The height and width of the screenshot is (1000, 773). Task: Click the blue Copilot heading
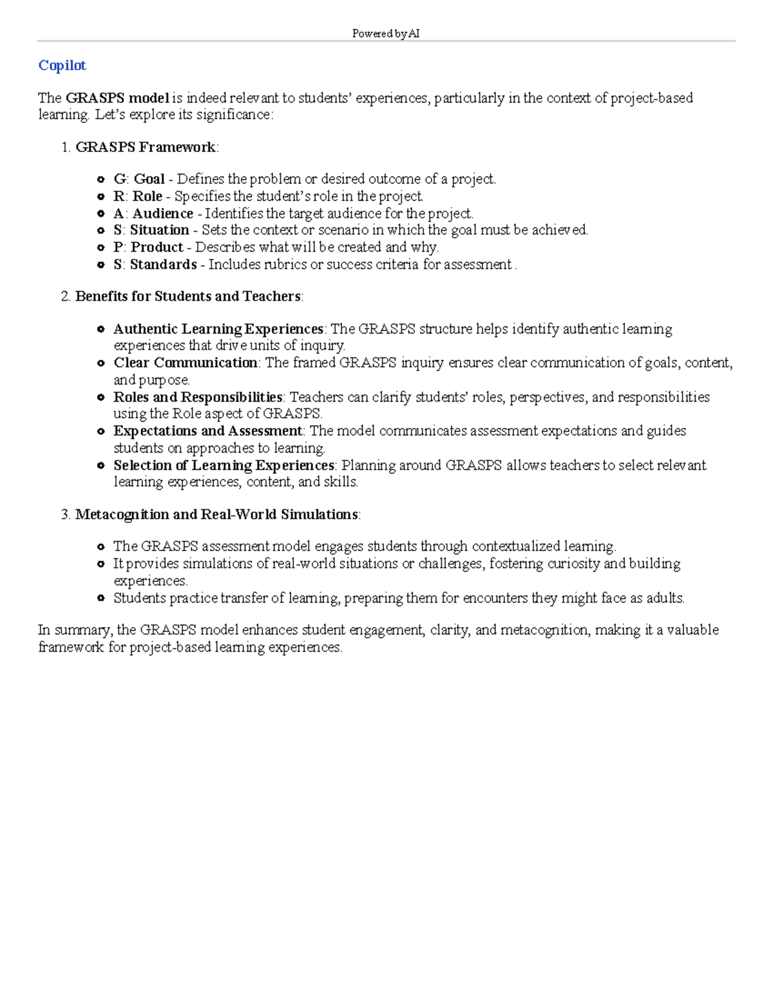62,66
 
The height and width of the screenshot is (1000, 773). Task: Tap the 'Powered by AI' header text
386,33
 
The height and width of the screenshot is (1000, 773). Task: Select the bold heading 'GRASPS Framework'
146,147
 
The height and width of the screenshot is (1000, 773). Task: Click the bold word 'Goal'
149,179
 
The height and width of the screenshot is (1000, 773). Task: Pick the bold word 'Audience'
162,213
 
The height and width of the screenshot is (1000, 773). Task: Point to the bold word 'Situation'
159,230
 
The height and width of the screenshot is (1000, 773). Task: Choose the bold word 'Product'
157,247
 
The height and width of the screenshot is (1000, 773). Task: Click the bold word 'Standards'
163,265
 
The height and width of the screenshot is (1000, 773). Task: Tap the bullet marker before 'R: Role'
100,196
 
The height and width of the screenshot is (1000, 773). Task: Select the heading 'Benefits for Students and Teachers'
187,296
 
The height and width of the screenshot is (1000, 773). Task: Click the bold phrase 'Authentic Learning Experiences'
218,329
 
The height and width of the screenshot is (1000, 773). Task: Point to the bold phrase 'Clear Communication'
186,363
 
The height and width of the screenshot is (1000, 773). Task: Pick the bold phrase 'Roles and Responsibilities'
198,397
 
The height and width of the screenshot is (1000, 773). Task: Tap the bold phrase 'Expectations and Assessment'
207,431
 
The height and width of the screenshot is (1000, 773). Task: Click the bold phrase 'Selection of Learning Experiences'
224,466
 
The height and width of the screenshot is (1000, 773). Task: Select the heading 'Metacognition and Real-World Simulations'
216,514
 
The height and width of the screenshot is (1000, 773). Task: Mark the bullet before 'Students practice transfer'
100,598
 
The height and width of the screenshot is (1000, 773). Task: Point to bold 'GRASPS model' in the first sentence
117,99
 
